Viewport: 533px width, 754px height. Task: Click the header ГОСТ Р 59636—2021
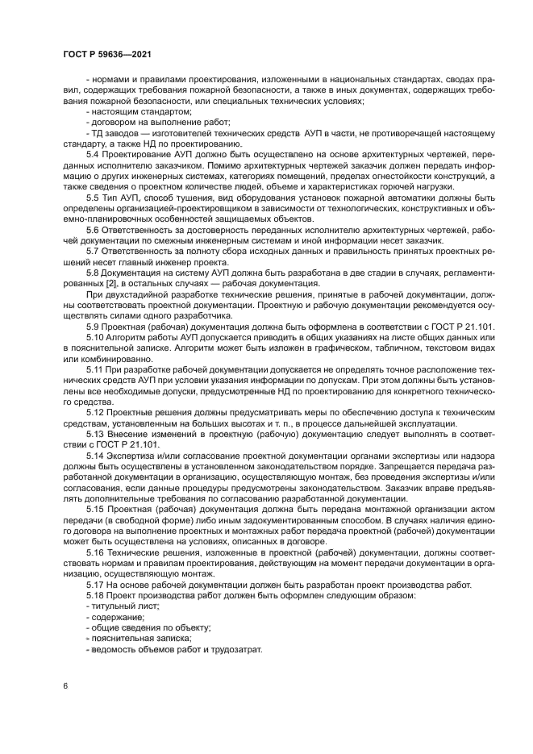(107, 53)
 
